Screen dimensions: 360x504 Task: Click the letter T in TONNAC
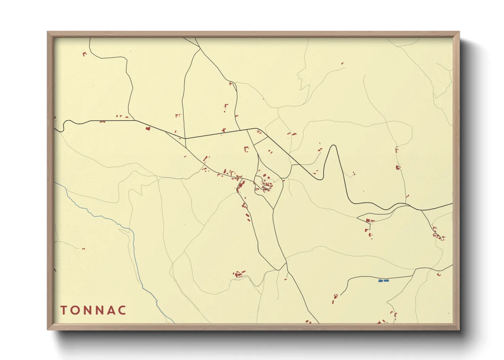click(x=63, y=310)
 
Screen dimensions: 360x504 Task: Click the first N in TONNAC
click(x=87, y=310)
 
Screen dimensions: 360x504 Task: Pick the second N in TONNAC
click(x=98, y=310)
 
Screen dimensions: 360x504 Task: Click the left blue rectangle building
click(x=380, y=281)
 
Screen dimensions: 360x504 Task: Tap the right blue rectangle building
click(x=386, y=281)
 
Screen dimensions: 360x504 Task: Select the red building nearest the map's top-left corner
click(x=84, y=53)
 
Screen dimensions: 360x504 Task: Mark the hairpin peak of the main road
click(x=333, y=146)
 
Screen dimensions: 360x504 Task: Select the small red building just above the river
click(x=83, y=249)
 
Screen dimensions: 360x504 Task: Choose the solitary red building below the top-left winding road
click(x=148, y=128)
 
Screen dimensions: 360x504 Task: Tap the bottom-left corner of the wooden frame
click(x=48, y=329)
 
